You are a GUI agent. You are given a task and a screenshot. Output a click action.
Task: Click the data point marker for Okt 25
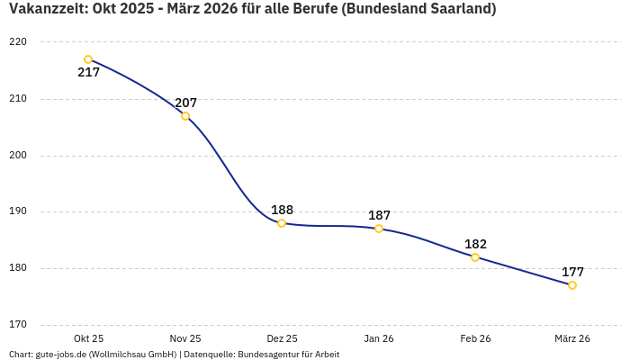pyautogui.click(x=88, y=59)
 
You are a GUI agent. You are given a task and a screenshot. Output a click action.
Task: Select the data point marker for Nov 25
pyautogui.click(x=185, y=116)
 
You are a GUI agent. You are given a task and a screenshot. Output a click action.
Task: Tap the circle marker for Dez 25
pyautogui.click(x=282, y=223)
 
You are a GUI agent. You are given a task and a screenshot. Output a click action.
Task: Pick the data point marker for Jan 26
pyautogui.click(x=379, y=229)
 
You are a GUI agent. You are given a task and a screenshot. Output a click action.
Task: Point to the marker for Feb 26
pyautogui.click(x=475, y=257)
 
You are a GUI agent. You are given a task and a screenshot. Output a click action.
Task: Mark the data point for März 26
pyautogui.click(x=572, y=285)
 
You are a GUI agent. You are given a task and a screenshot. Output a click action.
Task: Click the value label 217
pyautogui.click(x=88, y=73)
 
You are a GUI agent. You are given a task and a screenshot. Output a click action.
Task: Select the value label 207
pyautogui.click(x=185, y=103)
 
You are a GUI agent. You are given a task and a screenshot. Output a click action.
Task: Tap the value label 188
pyautogui.click(x=282, y=210)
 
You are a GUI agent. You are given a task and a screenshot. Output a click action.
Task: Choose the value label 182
pyautogui.click(x=475, y=244)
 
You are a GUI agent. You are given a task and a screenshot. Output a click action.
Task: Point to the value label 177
pyautogui.click(x=572, y=272)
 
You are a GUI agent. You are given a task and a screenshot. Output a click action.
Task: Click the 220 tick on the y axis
pyautogui.click(x=18, y=42)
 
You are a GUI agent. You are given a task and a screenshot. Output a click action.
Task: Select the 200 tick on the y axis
pyautogui.click(x=18, y=156)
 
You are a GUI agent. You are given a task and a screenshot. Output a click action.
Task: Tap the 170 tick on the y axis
pyautogui.click(x=18, y=325)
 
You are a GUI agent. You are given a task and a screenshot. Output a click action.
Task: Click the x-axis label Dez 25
pyautogui.click(x=282, y=339)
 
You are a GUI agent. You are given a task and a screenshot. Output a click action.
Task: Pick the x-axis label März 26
pyautogui.click(x=572, y=339)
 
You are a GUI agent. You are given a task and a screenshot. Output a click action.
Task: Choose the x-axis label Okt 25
pyautogui.click(x=88, y=339)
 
